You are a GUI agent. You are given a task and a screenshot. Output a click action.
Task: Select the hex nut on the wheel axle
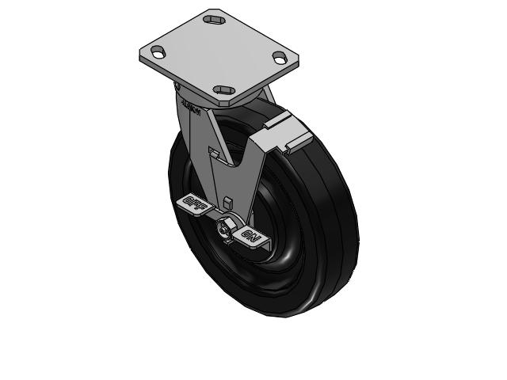click(x=224, y=230)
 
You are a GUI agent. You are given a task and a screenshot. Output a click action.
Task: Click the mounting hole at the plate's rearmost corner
click(x=213, y=17)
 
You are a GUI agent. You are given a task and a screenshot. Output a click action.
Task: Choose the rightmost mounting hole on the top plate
click(x=279, y=57)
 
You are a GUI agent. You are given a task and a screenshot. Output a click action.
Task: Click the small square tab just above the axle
click(x=227, y=201)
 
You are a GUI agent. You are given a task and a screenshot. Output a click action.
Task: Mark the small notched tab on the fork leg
click(x=212, y=150)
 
